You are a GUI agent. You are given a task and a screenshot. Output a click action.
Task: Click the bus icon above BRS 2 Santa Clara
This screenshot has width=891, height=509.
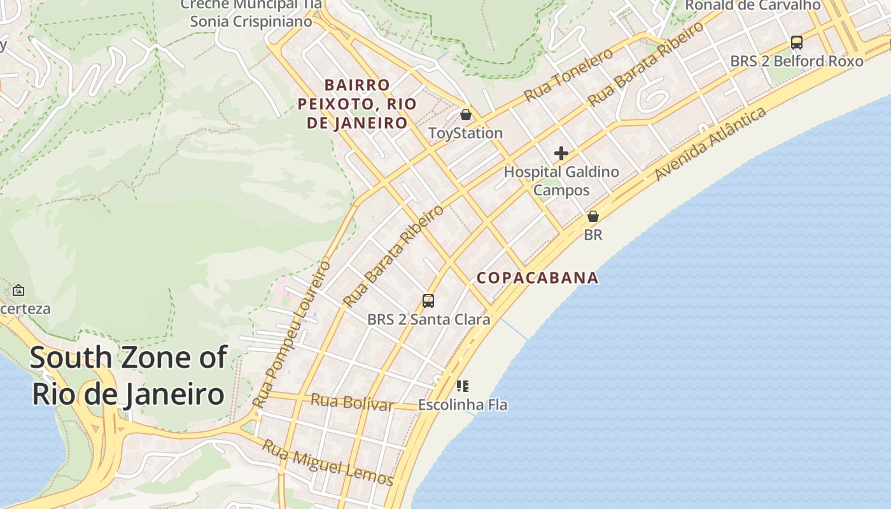click(x=428, y=301)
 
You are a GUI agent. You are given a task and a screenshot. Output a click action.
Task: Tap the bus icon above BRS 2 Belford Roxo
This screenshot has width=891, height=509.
click(x=796, y=43)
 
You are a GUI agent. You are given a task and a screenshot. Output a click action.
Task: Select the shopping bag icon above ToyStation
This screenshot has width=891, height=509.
click(x=466, y=115)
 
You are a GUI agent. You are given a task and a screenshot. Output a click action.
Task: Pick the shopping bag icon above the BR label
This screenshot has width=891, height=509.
click(x=593, y=216)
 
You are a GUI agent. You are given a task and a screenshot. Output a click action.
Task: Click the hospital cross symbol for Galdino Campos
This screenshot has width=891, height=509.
click(x=561, y=153)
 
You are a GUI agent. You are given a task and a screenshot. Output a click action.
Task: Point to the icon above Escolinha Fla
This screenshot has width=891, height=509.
click(x=463, y=386)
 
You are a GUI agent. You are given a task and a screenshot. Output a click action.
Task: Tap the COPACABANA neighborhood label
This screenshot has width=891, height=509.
click(x=538, y=278)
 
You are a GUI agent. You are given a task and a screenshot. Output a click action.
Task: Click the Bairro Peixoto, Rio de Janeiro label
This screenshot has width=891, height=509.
click(x=357, y=104)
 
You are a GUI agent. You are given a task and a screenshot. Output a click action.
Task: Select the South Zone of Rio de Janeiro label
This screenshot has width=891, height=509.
click(x=129, y=375)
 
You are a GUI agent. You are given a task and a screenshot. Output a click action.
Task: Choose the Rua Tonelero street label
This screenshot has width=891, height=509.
click(x=568, y=74)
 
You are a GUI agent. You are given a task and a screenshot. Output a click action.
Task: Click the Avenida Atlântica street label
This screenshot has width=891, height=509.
click(x=710, y=144)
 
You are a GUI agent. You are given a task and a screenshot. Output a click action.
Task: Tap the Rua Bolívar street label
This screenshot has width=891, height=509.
click(x=352, y=402)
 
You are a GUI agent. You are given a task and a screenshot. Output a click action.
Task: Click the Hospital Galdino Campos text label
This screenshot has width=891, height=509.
click(x=561, y=181)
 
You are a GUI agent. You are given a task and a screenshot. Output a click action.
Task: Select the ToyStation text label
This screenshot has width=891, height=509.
click(x=465, y=133)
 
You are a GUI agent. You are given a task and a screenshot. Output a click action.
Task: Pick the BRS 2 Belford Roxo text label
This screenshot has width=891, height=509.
click(x=796, y=61)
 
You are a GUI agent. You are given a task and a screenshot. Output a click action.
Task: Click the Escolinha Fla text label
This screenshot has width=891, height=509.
click(x=463, y=405)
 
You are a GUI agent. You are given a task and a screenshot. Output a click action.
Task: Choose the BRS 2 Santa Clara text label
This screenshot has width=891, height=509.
click(x=428, y=319)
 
